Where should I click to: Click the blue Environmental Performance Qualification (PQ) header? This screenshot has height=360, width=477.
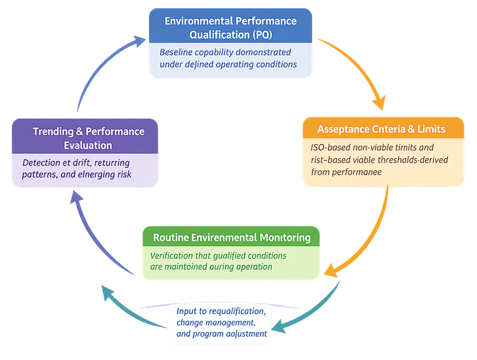(230, 27)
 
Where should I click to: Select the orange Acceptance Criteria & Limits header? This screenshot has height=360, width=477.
(382, 129)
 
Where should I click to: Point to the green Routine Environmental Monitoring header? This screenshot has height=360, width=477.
(231, 237)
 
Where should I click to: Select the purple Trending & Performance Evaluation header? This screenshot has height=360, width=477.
(88, 138)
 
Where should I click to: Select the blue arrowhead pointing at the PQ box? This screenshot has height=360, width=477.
(139, 41)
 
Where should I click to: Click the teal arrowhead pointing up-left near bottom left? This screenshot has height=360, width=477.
(108, 292)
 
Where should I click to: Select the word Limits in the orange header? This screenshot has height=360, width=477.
(430, 129)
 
